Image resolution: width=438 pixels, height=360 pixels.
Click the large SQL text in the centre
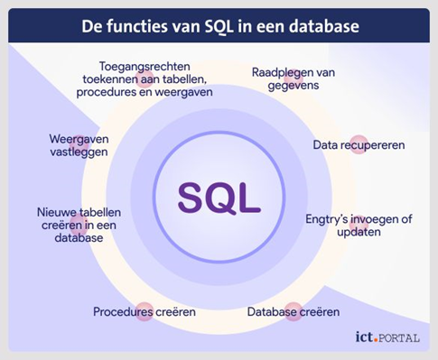click(219, 198)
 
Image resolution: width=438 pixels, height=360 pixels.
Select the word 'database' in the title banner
click(324, 26)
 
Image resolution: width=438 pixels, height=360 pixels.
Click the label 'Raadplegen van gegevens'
click(294, 78)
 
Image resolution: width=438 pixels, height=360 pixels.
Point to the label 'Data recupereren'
click(359, 145)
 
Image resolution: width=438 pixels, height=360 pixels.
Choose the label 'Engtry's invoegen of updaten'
click(359, 226)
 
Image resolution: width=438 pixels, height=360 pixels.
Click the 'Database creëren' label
click(294, 312)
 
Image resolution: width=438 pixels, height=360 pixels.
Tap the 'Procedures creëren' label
click(144, 312)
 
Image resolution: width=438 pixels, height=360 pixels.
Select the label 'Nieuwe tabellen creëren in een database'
click(79, 225)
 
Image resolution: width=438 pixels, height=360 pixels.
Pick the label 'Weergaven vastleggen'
click(79, 145)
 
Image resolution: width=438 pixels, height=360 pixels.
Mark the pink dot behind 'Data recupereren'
click(359, 144)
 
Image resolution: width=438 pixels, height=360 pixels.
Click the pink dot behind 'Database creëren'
click(294, 311)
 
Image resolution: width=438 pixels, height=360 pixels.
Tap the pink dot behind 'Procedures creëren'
click(144, 311)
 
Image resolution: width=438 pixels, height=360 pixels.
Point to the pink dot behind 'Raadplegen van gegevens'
click(294, 78)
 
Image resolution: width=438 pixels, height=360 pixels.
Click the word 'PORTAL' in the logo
click(399, 338)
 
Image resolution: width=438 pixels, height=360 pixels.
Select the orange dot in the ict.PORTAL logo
click(376, 341)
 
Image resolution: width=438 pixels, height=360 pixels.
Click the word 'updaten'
click(359, 232)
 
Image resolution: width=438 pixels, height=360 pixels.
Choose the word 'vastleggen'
click(79, 152)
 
